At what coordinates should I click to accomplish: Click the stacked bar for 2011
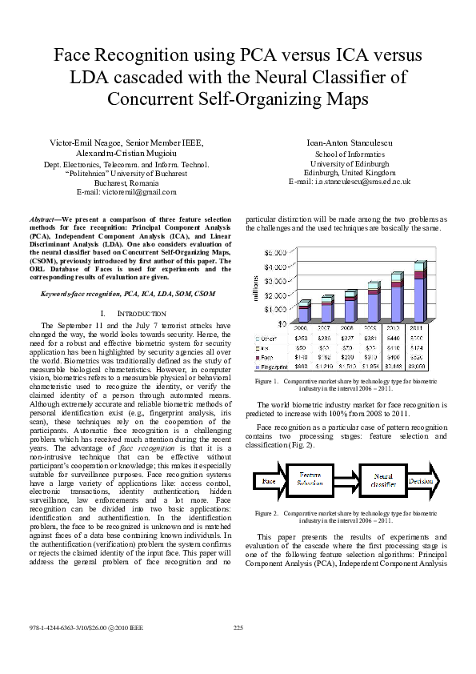click(x=419, y=292)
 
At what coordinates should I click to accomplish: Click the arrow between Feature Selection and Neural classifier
click(x=346, y=480)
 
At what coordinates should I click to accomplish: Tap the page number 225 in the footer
click(x=238, y=627)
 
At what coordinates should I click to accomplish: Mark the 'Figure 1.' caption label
click(x=266, y=381)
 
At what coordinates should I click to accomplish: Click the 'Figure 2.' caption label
click(x=266, y=512)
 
